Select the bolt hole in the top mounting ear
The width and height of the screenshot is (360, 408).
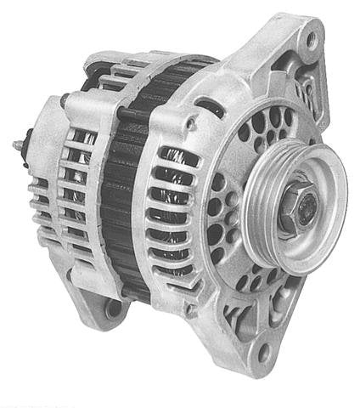click(x=312, y=37)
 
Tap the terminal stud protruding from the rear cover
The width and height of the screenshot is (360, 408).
click(x=19, y=145)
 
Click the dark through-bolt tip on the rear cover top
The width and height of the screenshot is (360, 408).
click(x=63, y=99)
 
